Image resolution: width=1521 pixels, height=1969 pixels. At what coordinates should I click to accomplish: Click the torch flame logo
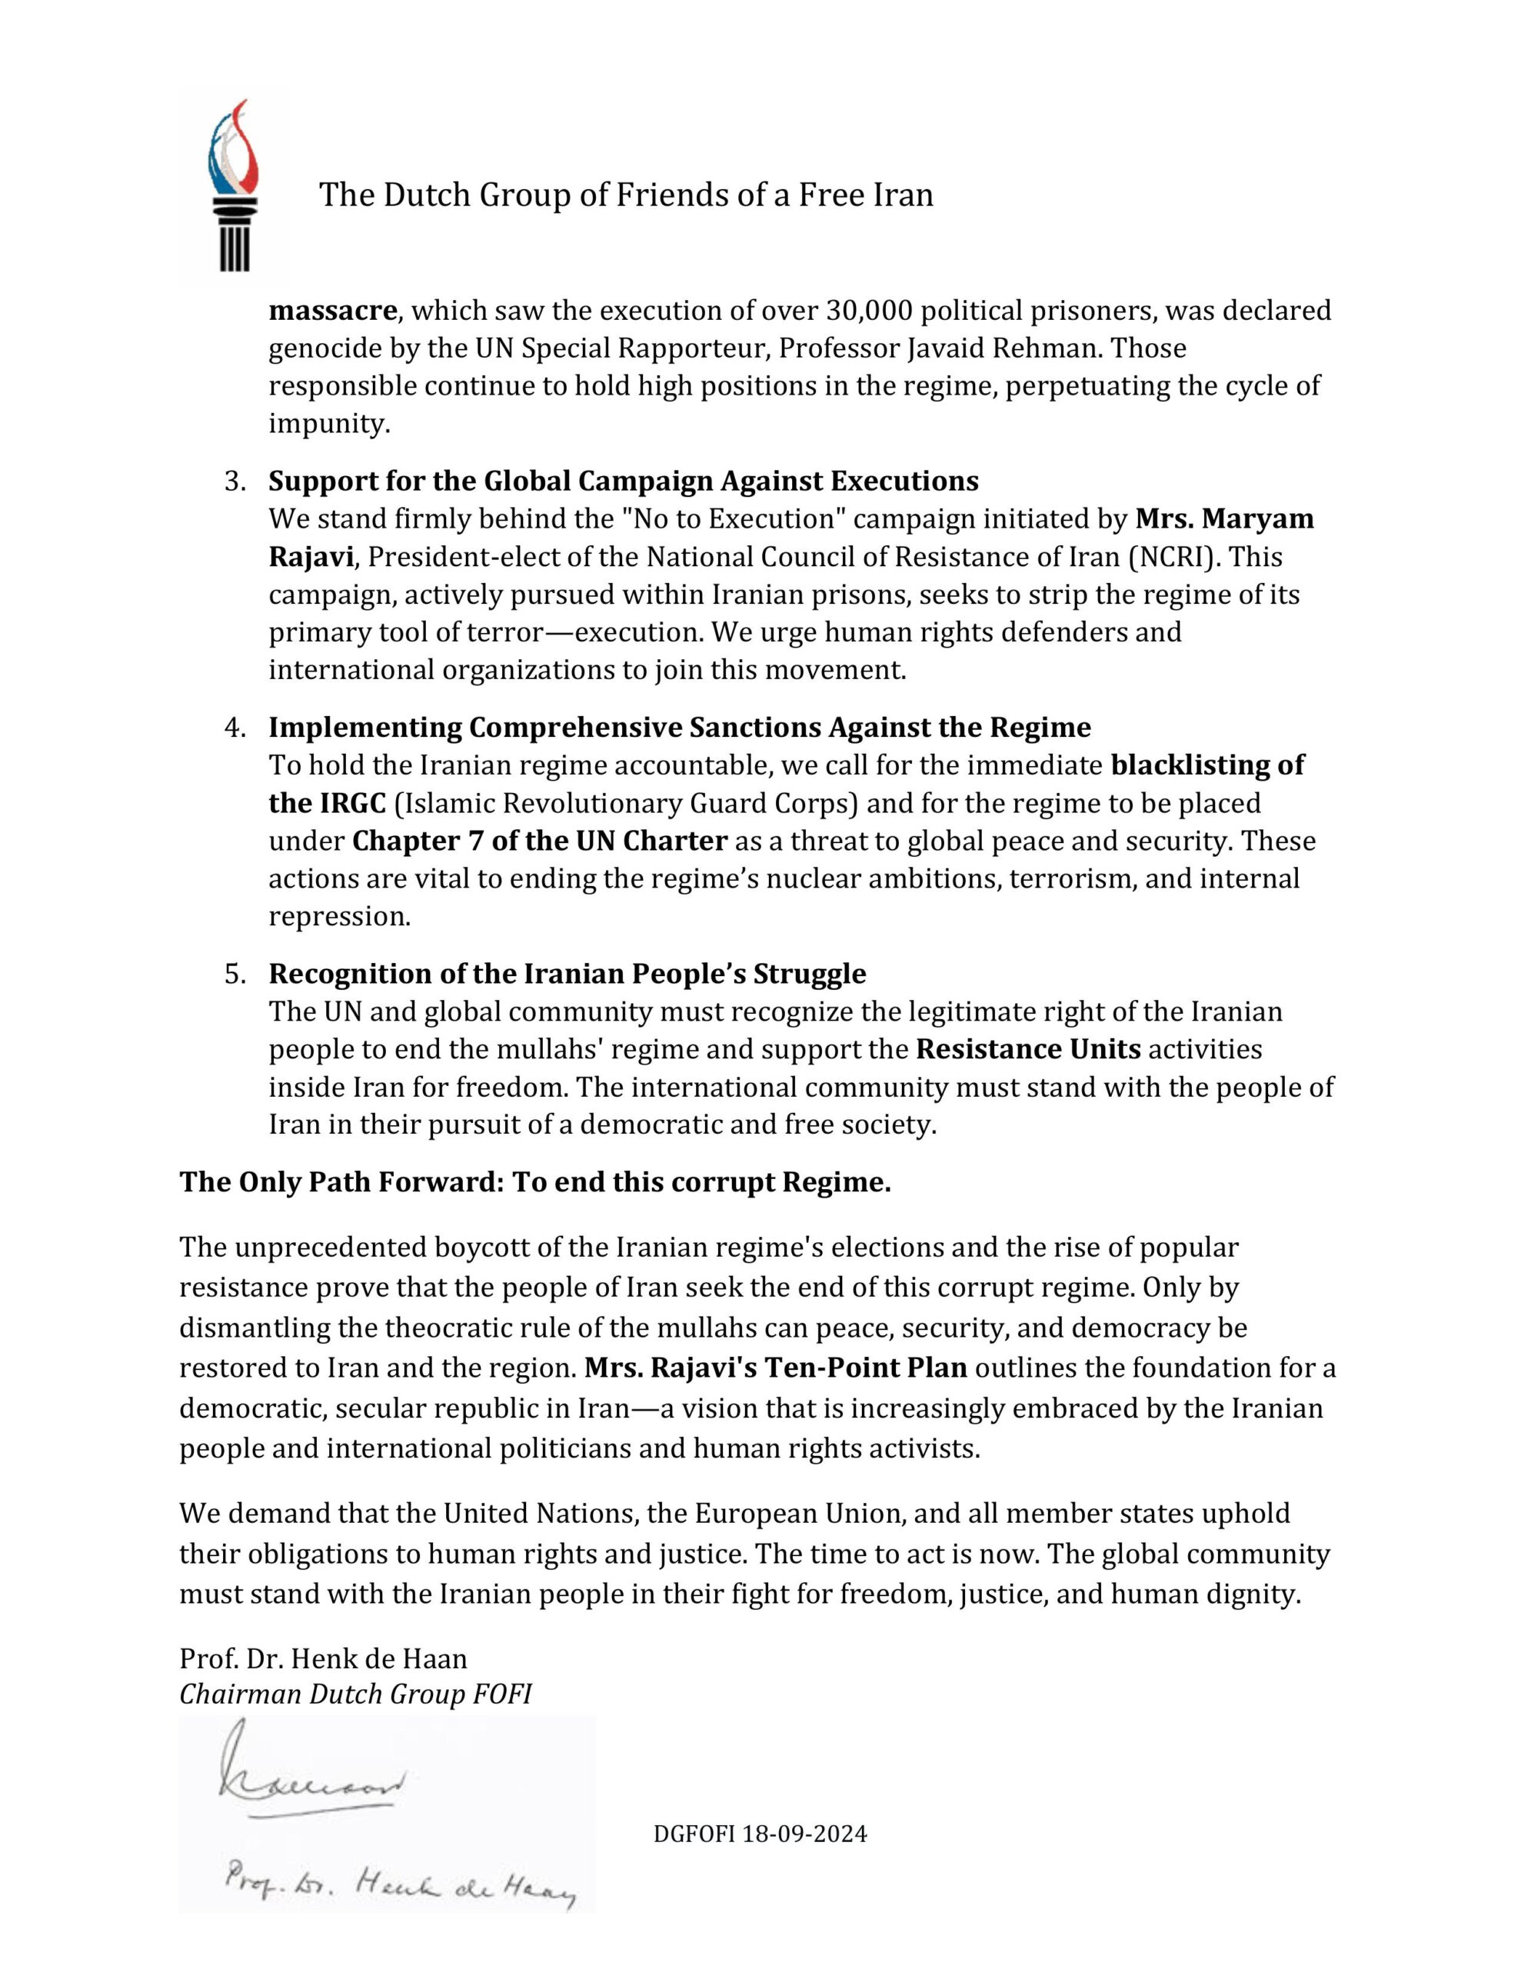point(233,185)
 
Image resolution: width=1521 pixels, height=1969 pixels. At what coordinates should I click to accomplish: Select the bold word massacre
point(333,310)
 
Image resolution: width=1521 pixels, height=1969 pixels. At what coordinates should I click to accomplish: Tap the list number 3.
point(235,481)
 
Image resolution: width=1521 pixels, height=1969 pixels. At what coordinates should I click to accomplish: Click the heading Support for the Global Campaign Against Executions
point(623,481)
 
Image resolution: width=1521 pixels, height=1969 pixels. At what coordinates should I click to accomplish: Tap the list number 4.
point(235,728)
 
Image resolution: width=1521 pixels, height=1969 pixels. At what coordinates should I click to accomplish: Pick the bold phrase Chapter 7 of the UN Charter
point(539,841)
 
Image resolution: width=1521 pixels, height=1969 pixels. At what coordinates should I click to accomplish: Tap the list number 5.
point(235,974)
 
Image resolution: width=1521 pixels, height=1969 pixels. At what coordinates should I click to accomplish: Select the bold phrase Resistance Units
point(1029,1049)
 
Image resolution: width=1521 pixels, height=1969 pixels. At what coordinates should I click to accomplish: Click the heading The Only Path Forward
point(534,1182)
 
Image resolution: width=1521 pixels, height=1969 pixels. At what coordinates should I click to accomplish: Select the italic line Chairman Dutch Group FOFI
point(355,1694)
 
